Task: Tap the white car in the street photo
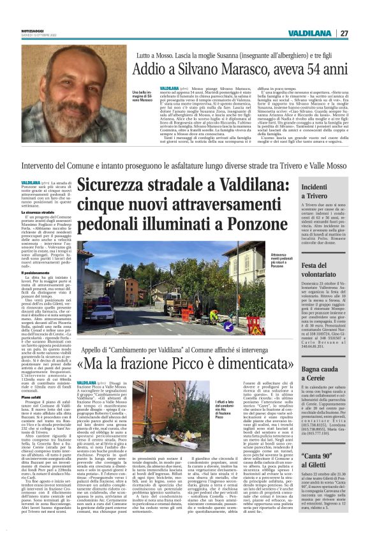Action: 102,313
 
